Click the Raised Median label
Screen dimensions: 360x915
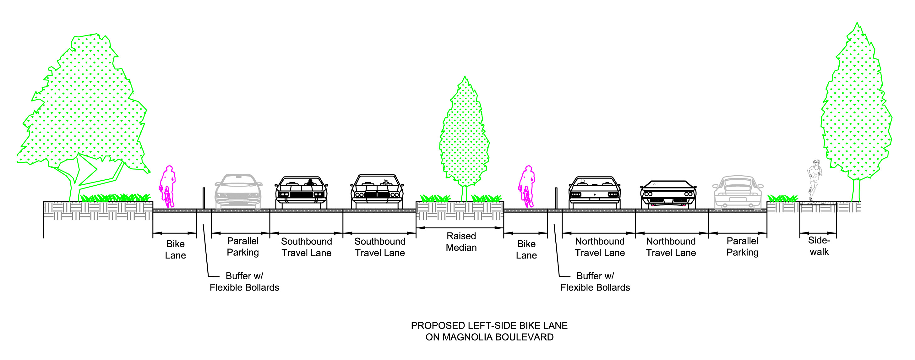[x=461, y=242]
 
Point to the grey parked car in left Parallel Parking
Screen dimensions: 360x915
[x=238, y=192]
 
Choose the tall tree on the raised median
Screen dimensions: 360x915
[x=464, y=135]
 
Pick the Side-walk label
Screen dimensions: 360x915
[x=819, y=246]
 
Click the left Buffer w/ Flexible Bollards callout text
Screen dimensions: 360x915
[x=244, y=281]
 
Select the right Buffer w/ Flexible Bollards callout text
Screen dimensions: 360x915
[x=595, y=281]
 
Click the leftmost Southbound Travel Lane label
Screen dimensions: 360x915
[x=306, y=247]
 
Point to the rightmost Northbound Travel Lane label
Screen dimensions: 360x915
[x=671, y=247]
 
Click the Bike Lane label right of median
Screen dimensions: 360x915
[x=526, y=249]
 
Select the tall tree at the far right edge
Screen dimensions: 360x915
[x=856, y=106]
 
